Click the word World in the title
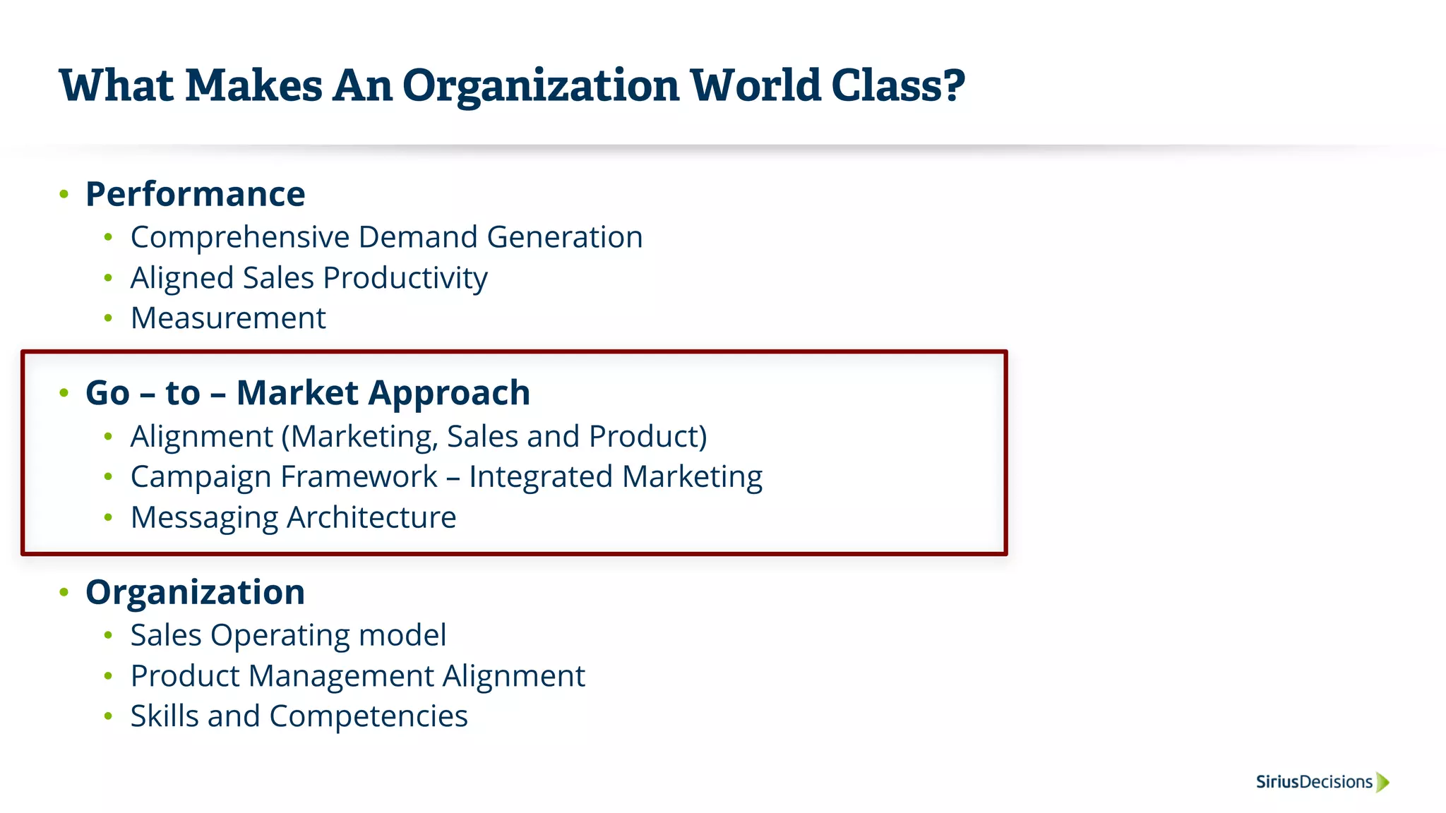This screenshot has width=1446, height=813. coord(755,85)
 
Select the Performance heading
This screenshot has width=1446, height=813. coord(195,194)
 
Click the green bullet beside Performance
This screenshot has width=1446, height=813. coord(64,194)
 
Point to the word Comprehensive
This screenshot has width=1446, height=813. coord(239,238)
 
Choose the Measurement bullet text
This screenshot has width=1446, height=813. coord(228,318)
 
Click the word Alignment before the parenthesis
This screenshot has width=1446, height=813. coord(201,437)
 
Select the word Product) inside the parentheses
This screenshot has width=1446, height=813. coord(647,437)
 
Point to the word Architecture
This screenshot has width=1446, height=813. coord(371,518)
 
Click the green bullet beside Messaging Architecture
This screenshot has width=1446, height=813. coord(108,518)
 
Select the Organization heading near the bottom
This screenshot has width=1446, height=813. coord(195,592)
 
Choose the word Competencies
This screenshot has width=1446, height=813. coord(368,716)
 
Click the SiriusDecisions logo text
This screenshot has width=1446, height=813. coord(1313,782)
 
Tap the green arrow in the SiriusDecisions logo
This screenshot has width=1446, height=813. coord(1382,782)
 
